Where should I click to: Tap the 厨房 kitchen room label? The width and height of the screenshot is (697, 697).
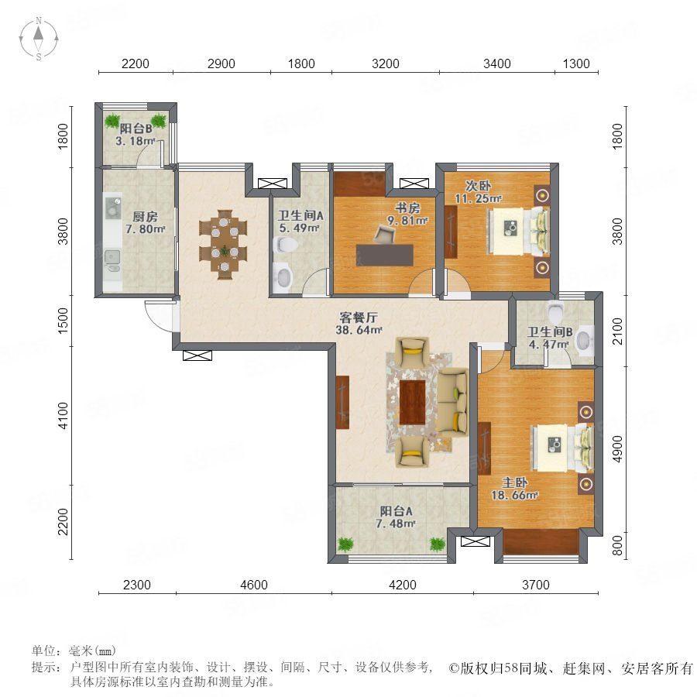click(x=145, y=217)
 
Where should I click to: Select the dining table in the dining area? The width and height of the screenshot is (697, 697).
click(x=224, y=244)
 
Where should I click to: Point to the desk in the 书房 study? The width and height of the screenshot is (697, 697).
click(x=385, y=255)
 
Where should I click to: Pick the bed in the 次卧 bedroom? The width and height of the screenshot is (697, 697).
click(x=519, y=231)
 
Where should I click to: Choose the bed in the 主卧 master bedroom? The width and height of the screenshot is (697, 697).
click(x=562, y=448)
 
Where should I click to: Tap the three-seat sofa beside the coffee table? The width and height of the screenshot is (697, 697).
click(x=452, y=402)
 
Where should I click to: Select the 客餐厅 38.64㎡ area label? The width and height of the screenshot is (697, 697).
click(x=359, y=323)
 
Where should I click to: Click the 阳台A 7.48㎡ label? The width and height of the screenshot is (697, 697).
click(x=396, y=517)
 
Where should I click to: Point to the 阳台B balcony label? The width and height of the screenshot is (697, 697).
click(x=136, y=129)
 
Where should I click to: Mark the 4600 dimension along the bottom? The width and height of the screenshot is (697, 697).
click(x=254, y=585)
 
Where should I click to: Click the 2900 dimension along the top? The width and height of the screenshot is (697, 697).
click(x=221, y=64)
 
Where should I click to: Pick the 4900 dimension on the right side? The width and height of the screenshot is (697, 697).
click(x=618, y=449)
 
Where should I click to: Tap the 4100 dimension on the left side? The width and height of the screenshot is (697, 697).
click(x=64, y=416)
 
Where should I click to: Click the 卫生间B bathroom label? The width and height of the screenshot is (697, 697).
click(x=550, y=332)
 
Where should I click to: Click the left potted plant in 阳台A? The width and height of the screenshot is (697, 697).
click(x=345, y=544)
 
